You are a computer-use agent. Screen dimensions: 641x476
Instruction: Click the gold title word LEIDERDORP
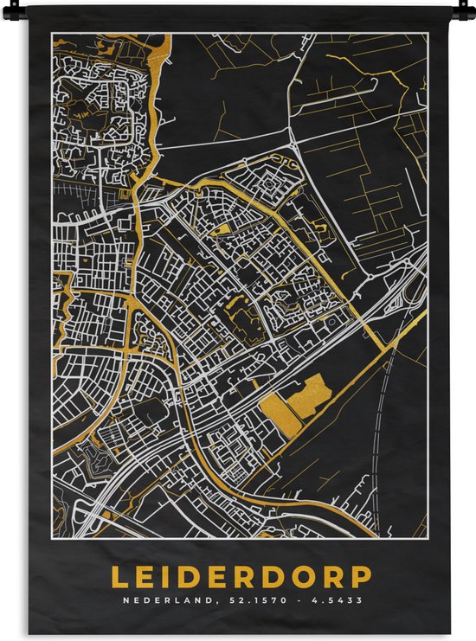[240, 577]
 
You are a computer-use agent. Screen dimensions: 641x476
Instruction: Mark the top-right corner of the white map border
[428, 34]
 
